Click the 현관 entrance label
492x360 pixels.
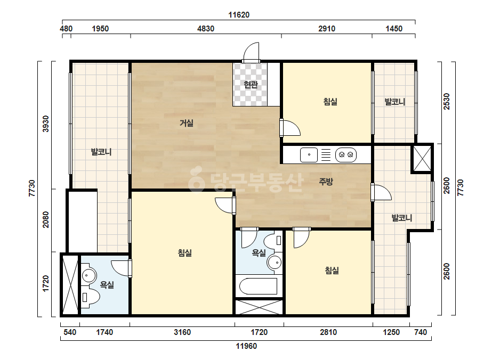(251, 84)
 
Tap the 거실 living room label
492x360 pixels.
(187, 123)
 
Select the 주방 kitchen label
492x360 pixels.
(326, 182)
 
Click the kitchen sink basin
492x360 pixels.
(309, 154)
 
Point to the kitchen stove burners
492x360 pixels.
(346, 154)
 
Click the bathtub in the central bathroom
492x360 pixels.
(258, 286)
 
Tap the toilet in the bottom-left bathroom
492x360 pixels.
(91, 297)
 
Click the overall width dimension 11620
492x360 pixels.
(239, 15)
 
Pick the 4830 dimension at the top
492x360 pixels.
(206, 29)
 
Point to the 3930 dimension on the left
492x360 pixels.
(46, 124)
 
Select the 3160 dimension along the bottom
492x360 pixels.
(182, 332)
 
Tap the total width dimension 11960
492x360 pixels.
(246, 346)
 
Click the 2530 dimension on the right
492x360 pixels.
(447, 101)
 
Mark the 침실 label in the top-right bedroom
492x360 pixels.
(330, 102)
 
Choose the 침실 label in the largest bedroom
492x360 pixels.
(185, 253)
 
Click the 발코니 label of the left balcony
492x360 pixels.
(101, 152)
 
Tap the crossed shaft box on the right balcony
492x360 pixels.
(422, 159)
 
